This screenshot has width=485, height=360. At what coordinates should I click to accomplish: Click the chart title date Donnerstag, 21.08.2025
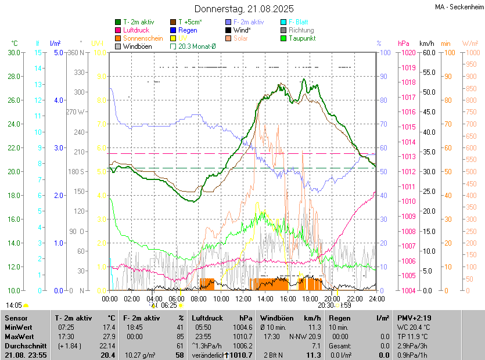click(244, 9)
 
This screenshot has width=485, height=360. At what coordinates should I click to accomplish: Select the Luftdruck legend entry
click(136, 30)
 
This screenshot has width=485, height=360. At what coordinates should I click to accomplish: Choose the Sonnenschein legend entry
click(143, 38)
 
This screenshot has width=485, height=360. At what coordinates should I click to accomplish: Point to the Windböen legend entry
click(136, 46)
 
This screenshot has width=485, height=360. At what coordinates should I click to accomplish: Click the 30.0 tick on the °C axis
click(12, 52)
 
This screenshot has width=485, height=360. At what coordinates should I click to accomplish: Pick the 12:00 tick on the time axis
click(243, 298)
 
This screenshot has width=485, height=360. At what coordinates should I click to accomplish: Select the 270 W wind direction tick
click(76, 111)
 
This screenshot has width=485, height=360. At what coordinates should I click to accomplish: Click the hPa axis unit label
click(403, 44)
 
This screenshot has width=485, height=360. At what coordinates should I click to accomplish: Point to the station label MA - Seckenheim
click(458, 7)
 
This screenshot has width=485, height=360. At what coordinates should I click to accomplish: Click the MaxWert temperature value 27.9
click(108, 336)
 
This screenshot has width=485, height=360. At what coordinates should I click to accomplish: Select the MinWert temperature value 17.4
click(108, 327)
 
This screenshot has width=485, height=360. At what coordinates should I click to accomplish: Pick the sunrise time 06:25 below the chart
click(169, 305)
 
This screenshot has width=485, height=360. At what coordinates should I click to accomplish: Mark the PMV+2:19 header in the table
click(414, 318)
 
